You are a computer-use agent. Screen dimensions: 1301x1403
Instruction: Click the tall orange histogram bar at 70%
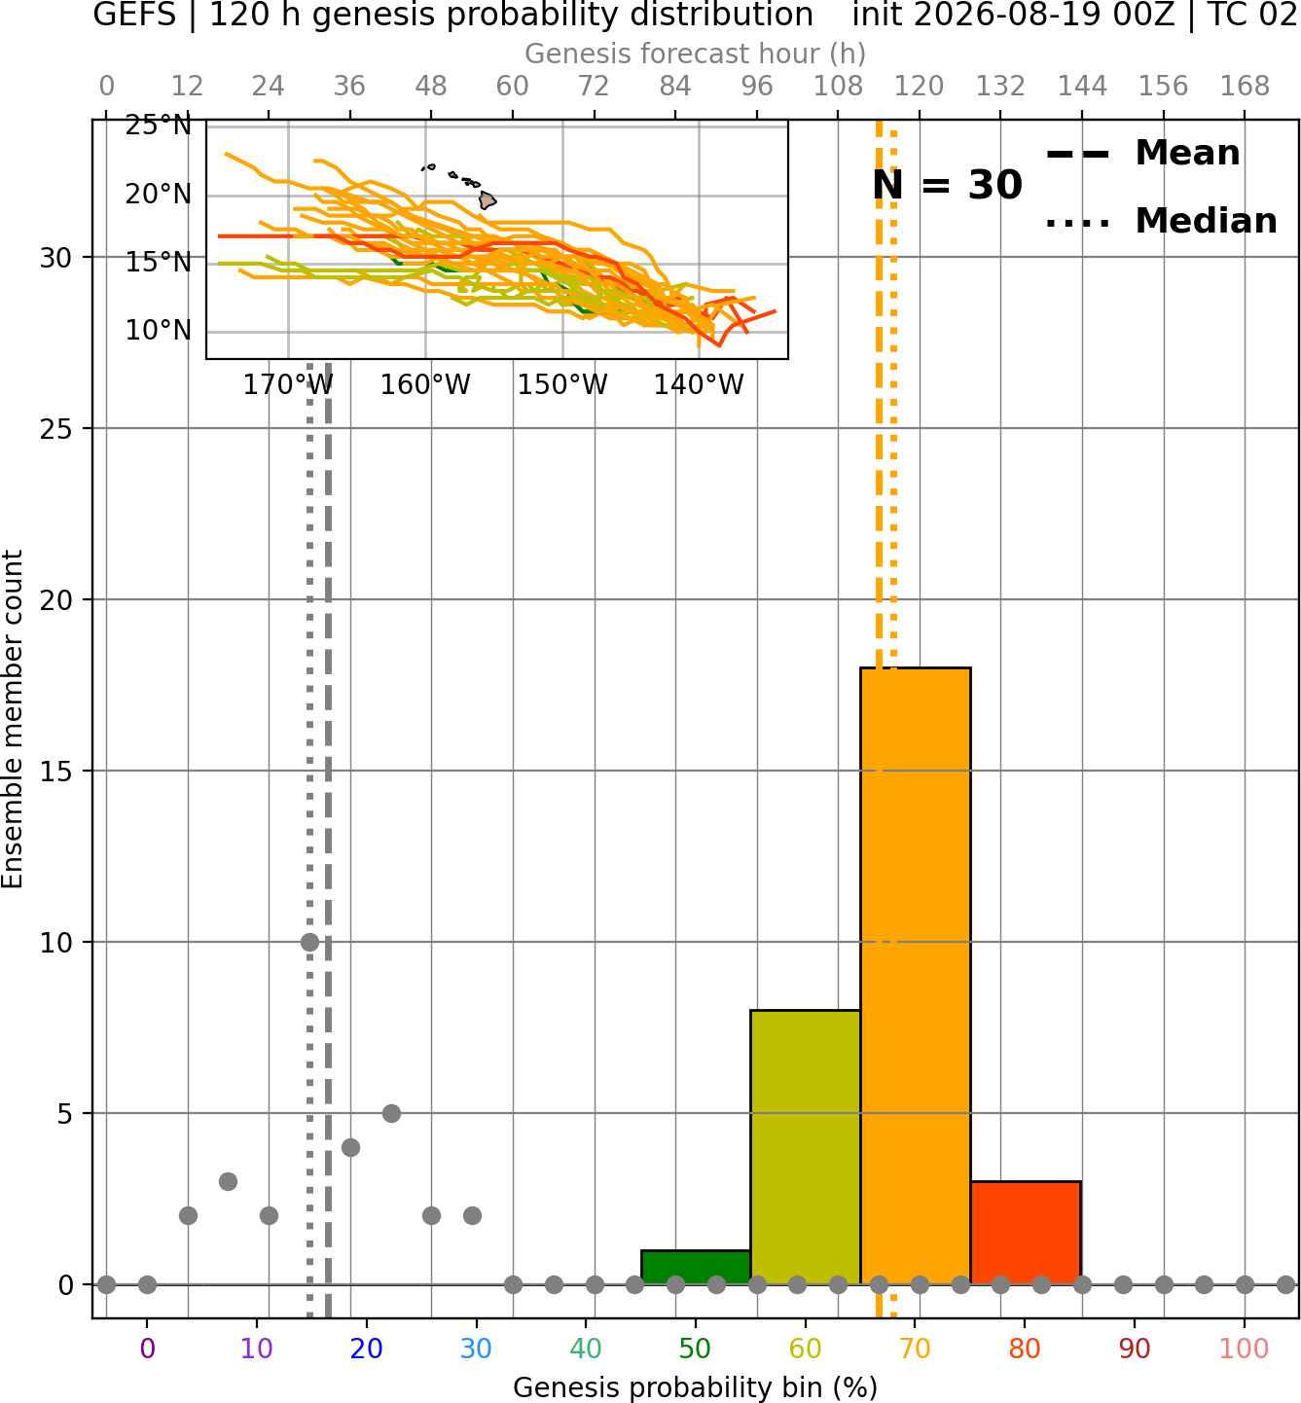pos(915,976)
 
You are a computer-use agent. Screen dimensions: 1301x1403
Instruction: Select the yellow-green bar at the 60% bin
pos(806,1147)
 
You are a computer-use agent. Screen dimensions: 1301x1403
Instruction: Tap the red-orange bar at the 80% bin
pos(1026,1233)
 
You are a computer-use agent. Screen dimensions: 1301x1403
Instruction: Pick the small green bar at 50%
pos(696,1267)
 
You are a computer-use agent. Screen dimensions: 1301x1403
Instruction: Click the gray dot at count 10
pos(309,942)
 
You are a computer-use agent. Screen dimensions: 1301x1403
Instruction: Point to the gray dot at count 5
pos(391,1113)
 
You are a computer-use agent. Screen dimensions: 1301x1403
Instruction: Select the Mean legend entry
pos(1142,154)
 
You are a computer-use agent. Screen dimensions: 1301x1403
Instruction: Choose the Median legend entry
pos(1161,222)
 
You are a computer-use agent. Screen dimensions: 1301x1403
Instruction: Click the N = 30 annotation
pos(947,185)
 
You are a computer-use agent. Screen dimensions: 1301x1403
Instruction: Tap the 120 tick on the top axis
pos(919,87)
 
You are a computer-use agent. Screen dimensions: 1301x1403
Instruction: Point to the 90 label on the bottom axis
pos(1135,1349)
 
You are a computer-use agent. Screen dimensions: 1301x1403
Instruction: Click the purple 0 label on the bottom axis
pos(147,1349)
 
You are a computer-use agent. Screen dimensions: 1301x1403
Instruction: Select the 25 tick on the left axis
pos(56,429)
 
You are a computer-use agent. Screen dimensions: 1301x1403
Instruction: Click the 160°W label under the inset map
pos(425,385)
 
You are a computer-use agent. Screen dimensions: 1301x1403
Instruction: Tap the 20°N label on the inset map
pos(159,195)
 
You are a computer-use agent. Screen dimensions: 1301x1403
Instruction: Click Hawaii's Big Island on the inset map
pos(487,199)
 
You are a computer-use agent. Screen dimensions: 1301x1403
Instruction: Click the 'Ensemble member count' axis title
pos(12,719)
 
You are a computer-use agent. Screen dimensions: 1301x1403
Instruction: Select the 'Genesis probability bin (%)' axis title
pos(696,1387)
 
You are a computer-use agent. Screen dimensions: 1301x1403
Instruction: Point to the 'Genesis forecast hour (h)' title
pos(696,54)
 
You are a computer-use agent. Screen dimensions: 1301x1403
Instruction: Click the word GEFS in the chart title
pos(134,15)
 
